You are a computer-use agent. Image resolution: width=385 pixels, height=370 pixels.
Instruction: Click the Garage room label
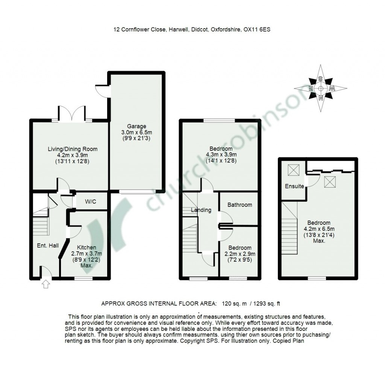pos(136,126)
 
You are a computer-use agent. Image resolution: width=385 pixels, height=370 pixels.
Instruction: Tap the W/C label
pos(91,202)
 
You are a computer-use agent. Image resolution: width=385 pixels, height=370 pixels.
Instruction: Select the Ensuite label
pos(294,186)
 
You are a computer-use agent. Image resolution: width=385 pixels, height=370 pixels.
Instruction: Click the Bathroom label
pos(239,205)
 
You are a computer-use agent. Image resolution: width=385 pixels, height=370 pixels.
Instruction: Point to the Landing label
pos(201,210)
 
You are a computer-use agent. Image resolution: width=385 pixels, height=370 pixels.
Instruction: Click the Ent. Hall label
pos(48,245)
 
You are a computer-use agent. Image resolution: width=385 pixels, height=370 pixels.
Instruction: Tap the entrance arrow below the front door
pos(46,284)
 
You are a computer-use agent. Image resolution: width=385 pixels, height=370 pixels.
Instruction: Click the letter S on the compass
pos(320,79)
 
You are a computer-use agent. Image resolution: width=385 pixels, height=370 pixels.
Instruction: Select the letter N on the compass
pos(320,99)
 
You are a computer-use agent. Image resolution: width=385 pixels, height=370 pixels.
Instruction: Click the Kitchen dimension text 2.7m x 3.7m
pos(87,254)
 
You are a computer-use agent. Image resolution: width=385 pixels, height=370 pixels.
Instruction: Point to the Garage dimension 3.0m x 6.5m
pos(136,132)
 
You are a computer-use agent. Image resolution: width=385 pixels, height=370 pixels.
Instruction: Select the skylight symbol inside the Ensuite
pos(294,170)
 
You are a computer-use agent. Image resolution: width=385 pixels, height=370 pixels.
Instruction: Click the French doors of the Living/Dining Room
pos(72,113)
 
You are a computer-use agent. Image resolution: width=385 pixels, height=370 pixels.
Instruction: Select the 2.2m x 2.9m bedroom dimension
pos(239,254)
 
